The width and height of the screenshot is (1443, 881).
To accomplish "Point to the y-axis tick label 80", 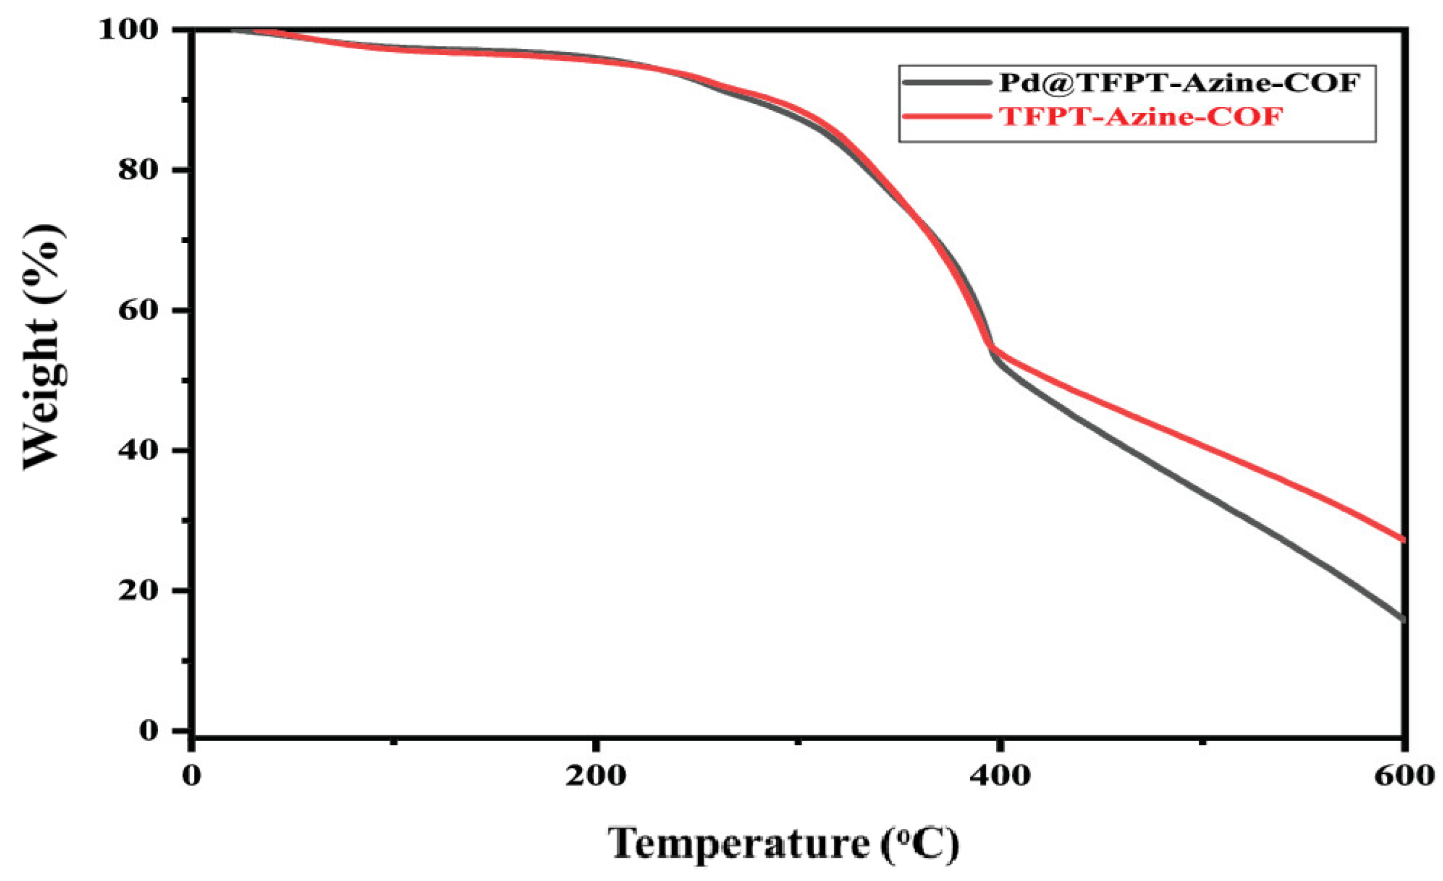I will [x=138, y=170].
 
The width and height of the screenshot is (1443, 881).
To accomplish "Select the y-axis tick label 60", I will [x=138, y=310].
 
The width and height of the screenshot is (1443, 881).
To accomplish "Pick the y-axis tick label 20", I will [x=138, y=590].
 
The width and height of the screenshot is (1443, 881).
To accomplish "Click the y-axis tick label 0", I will [x=149, y=730].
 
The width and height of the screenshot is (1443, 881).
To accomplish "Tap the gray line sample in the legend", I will [x=946, y=83].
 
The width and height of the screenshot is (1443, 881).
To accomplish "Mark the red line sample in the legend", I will [x=946, y=116].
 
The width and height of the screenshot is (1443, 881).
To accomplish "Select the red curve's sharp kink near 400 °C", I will [x=991, y=348].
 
